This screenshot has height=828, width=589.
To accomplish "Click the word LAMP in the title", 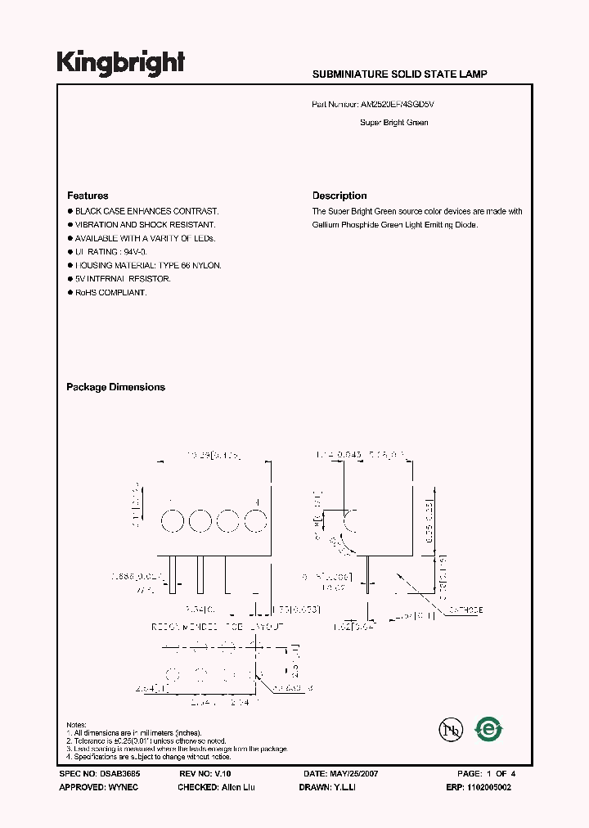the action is coord(475,74).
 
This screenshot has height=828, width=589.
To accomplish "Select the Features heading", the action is coord(88,196).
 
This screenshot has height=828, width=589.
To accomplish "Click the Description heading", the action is coord(339,196).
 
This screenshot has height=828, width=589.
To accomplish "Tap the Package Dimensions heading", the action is coord(115,387).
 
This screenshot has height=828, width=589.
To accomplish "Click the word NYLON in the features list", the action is coord(206,265).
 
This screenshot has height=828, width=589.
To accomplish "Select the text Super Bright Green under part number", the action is coord(393,123).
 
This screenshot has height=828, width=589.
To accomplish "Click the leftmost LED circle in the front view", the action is coord(172,520).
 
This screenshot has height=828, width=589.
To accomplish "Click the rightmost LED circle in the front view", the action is coord(256,520).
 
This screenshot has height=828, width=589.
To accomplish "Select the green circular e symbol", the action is coord(489,728).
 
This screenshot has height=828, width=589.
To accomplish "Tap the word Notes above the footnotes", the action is coord(76,725).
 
